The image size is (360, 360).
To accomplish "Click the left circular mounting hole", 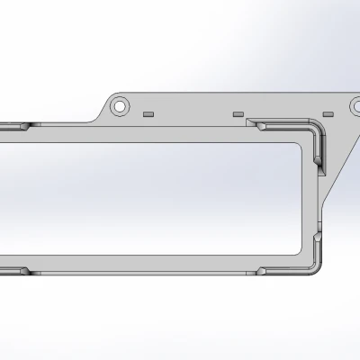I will click(x=119, y=105).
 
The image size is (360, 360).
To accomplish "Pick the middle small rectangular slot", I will click(x=238, y=115).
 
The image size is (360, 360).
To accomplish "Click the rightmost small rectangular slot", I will click(x=328, y=114).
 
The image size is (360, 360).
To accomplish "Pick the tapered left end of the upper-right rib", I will click(x=251, y=122).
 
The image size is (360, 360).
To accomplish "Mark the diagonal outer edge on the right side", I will click(x=342, y=162).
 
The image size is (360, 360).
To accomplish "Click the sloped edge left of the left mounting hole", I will click(x=99, y=114).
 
